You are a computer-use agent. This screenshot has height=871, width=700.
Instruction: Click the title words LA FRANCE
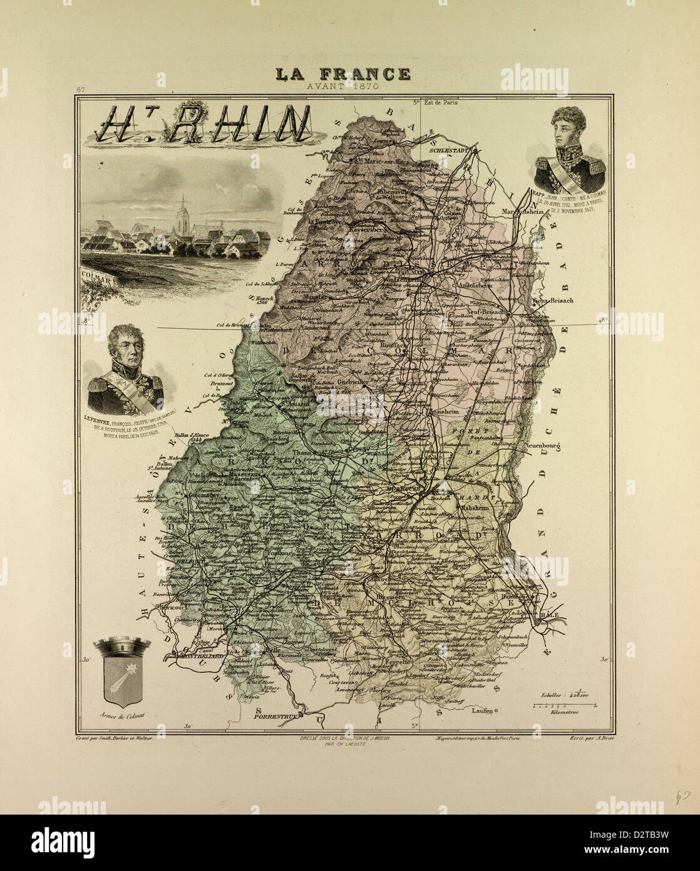(x=344, y=74)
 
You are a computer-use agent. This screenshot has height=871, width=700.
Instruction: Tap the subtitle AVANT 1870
(x=344, y=86)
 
